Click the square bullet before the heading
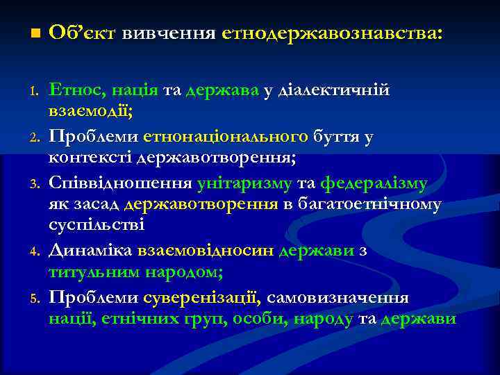(35, 33)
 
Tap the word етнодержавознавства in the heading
(330, 33)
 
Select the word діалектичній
(332, 90)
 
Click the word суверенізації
(203, 298)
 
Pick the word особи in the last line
(262, 319)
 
